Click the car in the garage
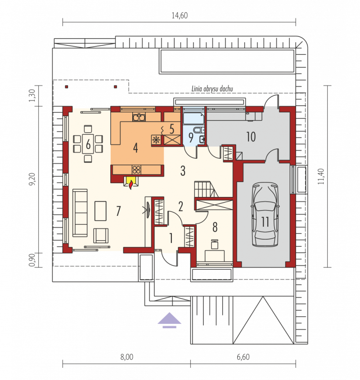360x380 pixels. (x=265, y=215)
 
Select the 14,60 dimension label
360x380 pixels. (x=180, y=15)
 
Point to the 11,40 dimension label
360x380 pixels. (x=321, y=176)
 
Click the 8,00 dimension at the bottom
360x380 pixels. (x=127, y=357)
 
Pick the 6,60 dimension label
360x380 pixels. (x=243, y=357)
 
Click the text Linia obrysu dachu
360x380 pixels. (x=212, y=89)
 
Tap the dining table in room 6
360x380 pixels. (x=88, y=144)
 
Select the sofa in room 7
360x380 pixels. (x=80, y=213)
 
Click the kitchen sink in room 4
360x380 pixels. (x=139, y=117)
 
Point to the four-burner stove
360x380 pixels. (x=137, y=170)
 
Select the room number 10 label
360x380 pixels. (x=251, y=137)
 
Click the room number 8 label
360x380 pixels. (x=215, y=227)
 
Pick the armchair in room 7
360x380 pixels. (x=101, y=235)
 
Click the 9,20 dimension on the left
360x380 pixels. (x=32, y=179)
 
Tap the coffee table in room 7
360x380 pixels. (x=100, y=211)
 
